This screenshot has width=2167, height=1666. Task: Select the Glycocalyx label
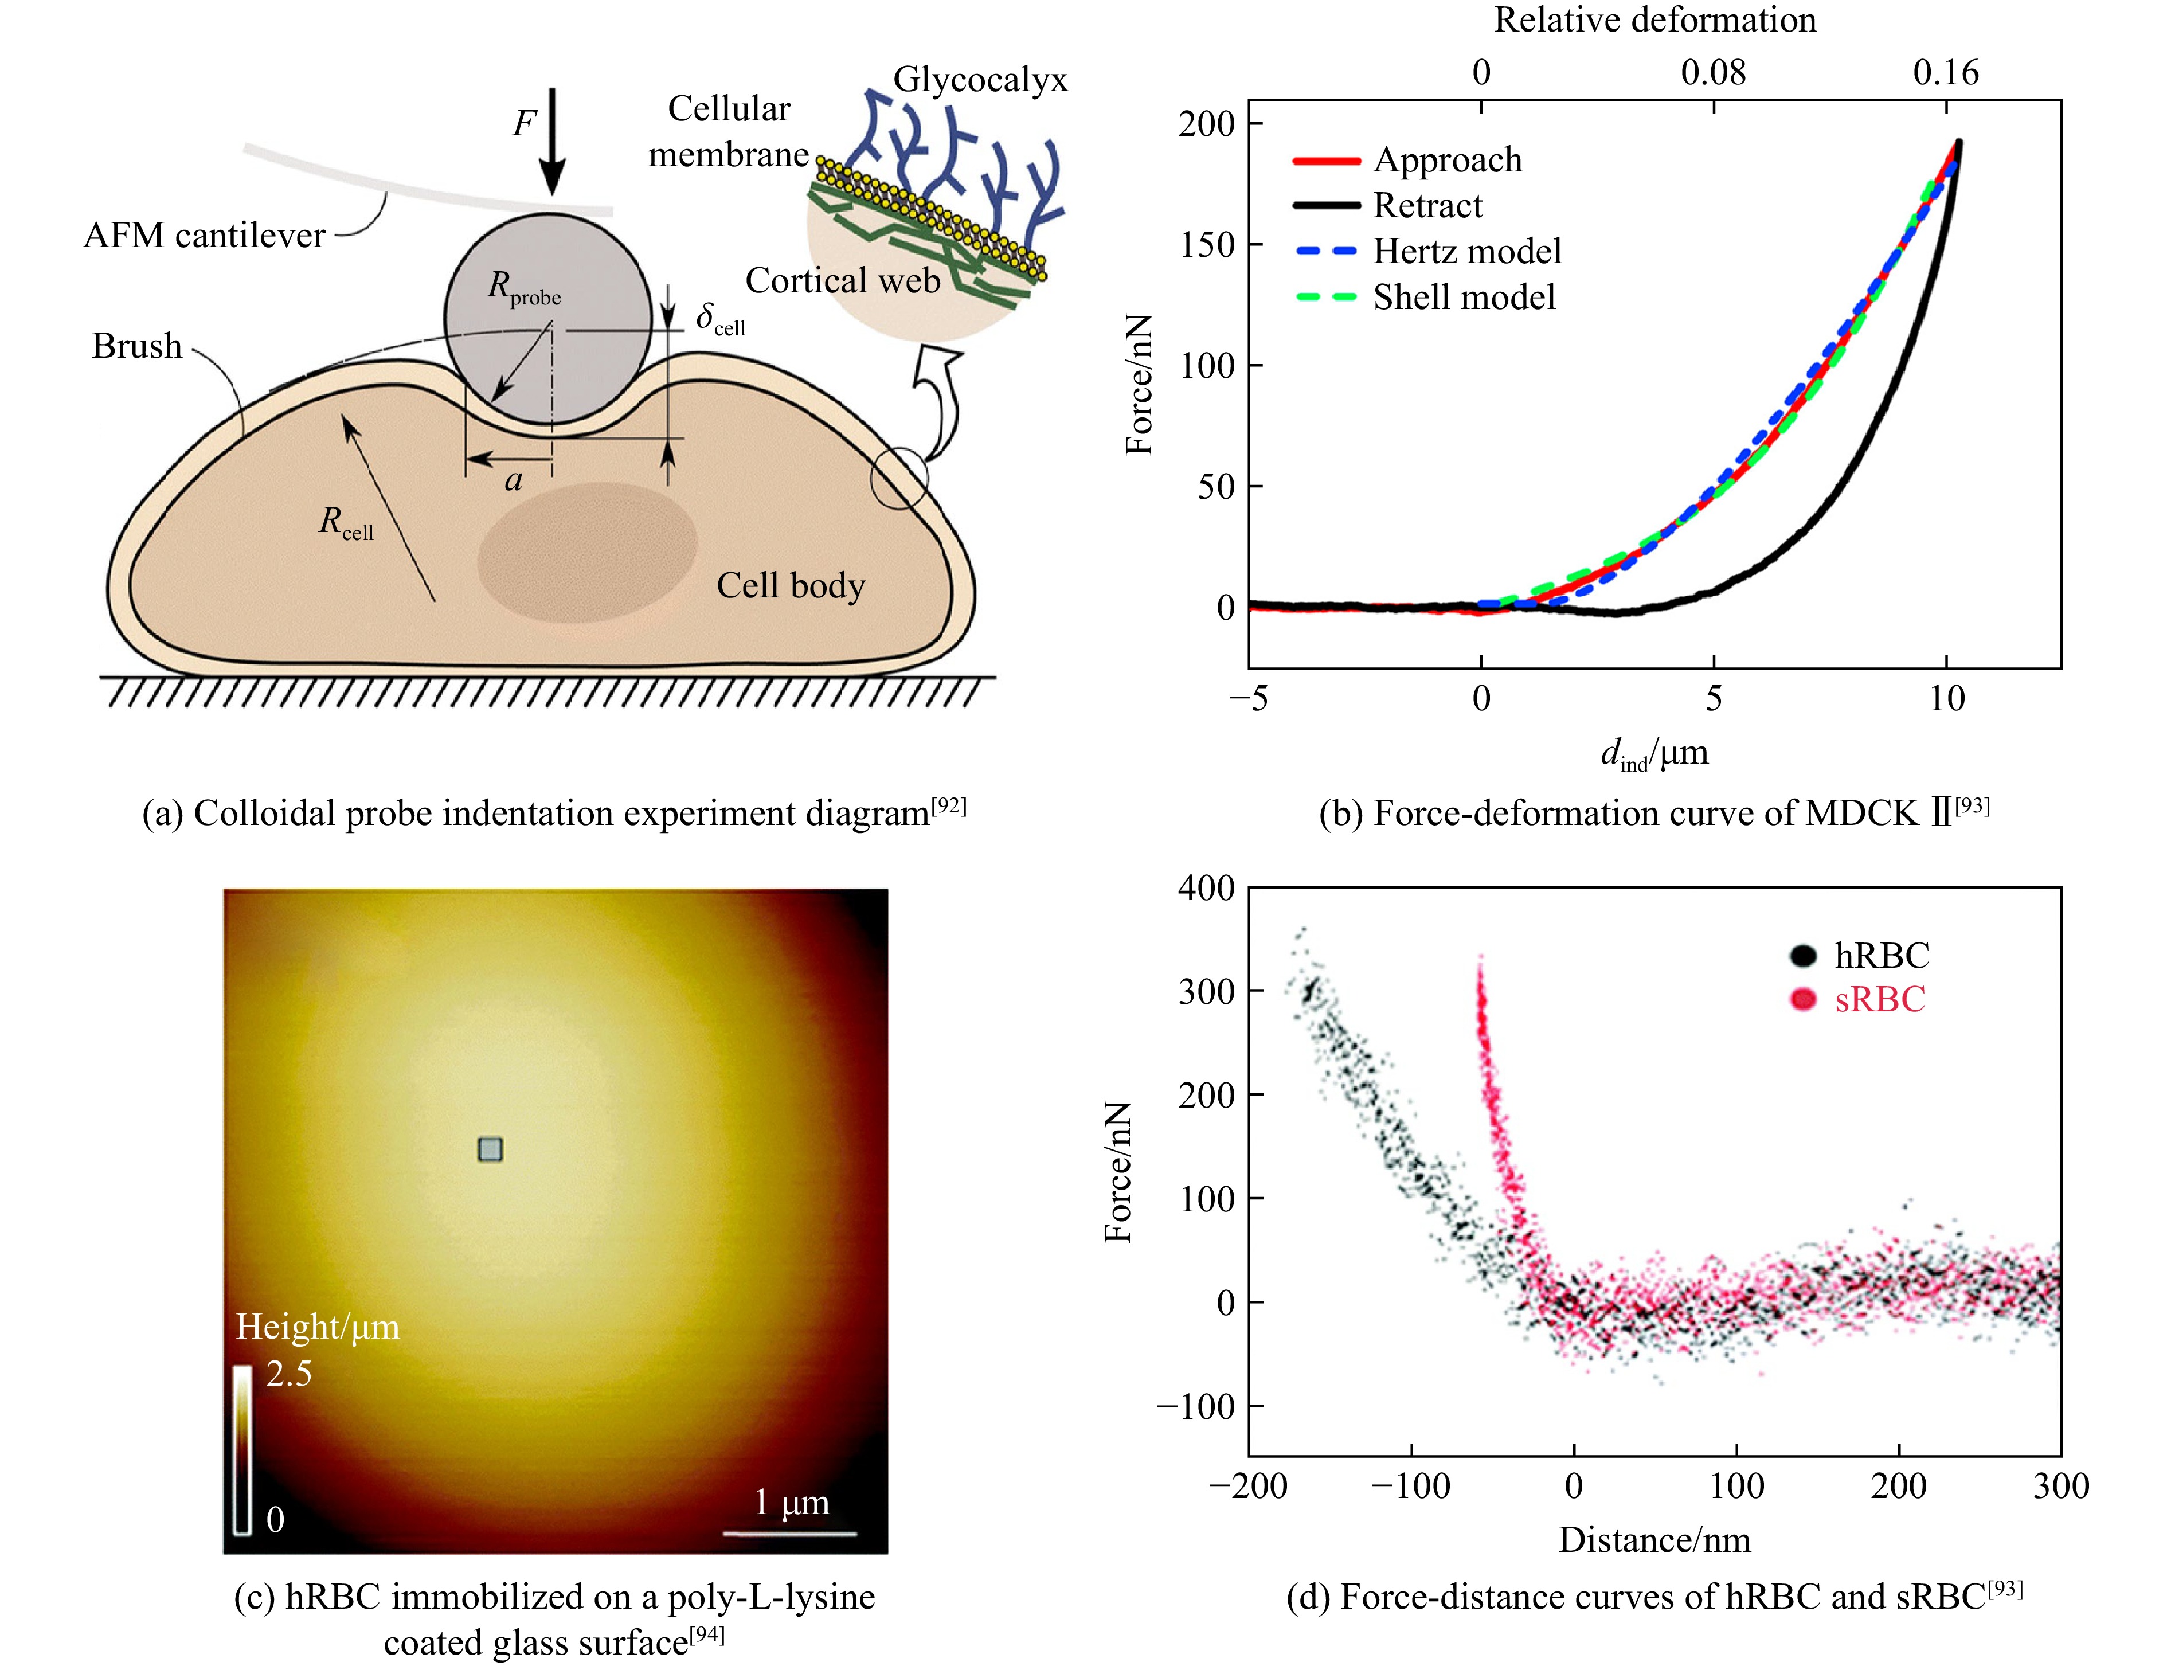980,79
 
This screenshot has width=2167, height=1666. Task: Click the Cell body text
791,585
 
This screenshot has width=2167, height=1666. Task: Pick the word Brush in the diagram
137,346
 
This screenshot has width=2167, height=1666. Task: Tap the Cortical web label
842,281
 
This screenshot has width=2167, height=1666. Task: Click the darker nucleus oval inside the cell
587,552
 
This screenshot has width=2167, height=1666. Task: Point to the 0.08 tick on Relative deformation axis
1713,72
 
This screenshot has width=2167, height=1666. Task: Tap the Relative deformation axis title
1654,20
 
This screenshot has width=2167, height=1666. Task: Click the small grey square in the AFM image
490,1149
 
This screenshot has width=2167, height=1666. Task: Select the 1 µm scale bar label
791,1503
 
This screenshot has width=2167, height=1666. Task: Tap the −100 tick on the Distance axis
1410,1485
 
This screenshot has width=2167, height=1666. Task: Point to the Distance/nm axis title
1654,1539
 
